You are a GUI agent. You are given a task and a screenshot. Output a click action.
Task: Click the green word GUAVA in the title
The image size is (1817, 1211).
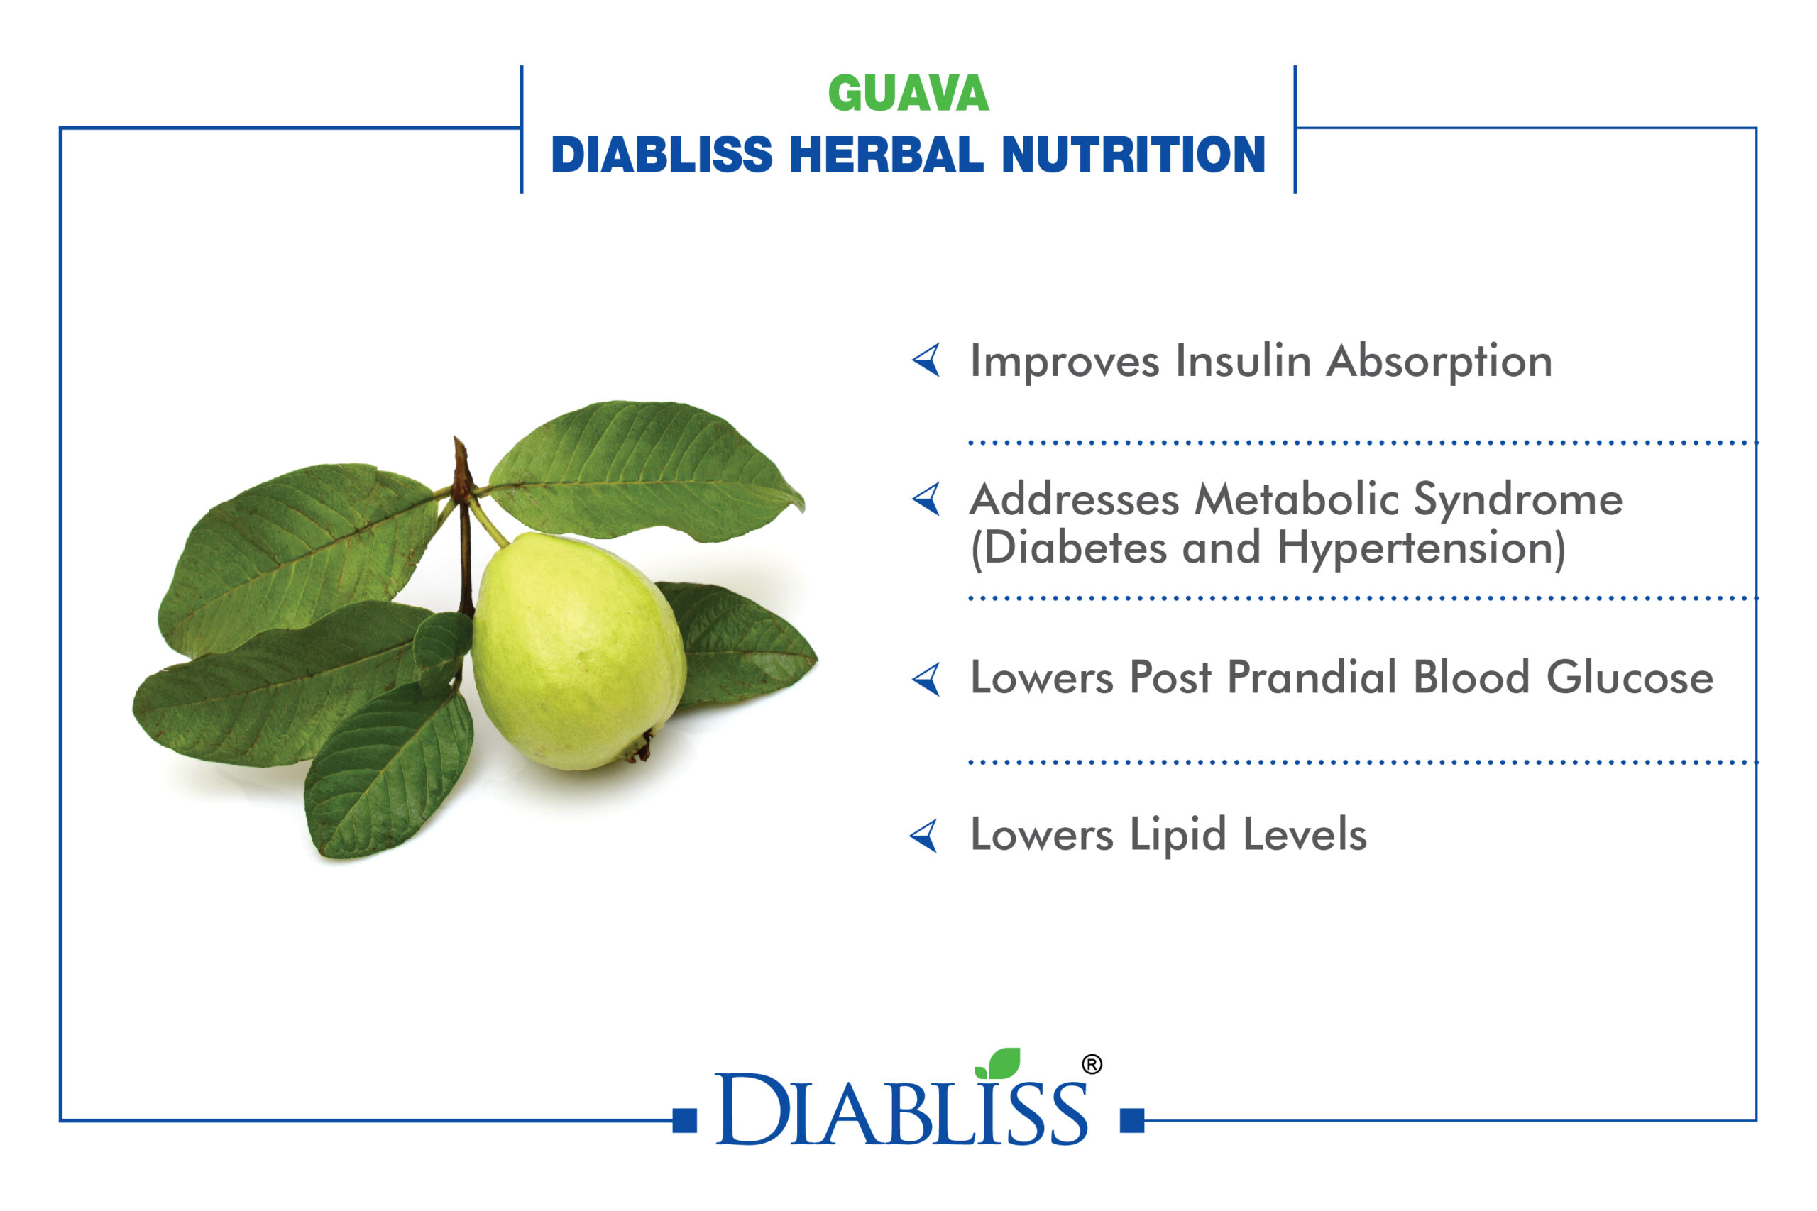pyautogui.click(x=908, y=94)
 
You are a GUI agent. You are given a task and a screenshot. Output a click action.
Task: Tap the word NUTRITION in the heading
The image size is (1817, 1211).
pyautogui.click(x=1133, y=155)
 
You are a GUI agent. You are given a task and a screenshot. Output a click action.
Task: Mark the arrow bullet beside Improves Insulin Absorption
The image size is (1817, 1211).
pyautogui.click(x=926, y=360)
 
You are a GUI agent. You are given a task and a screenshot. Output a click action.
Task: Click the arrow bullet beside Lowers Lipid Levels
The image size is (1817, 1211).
pyautogui.click(x=924, y=836)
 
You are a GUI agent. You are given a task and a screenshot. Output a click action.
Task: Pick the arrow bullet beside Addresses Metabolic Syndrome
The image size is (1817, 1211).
pyautogui.click(x=926, y=499)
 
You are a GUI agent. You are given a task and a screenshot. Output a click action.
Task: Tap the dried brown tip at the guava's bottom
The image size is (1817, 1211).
pyautogui.click(x=639, y=748)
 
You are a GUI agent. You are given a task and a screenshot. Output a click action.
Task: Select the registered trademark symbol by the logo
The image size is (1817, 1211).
pyautogui.click(x=1092, y=1065)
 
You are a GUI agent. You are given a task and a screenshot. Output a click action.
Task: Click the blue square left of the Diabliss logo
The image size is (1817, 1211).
pyautogui.click(x=684, y=1121)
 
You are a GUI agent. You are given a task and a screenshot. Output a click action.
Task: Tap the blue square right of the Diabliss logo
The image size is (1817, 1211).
pyautogui.click(x=1132, y=1121)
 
